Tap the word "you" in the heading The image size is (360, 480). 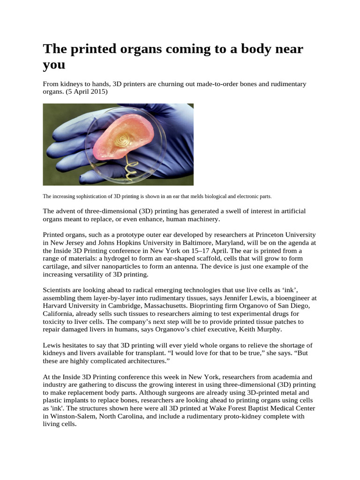[53, 65]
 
